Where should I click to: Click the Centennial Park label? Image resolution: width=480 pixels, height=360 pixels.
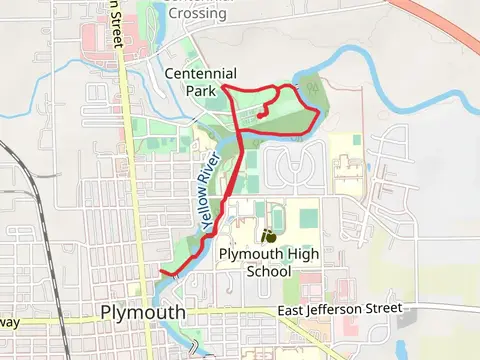pos(201,81)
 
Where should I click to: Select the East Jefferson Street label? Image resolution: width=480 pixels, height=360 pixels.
pos(340,311)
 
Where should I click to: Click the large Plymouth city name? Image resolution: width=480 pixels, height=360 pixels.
pos(143,312)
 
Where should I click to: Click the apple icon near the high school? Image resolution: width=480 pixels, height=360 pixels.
pos(268,237)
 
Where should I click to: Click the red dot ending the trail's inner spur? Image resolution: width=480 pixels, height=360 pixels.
pos(260,115)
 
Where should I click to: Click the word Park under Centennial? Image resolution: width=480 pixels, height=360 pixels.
pos(201,90)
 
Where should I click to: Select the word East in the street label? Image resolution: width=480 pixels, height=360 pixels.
pos(295,312)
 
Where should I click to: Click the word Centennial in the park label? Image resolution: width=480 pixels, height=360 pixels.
pos(201,73)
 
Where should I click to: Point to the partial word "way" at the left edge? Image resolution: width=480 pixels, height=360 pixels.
pos(9,322)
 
